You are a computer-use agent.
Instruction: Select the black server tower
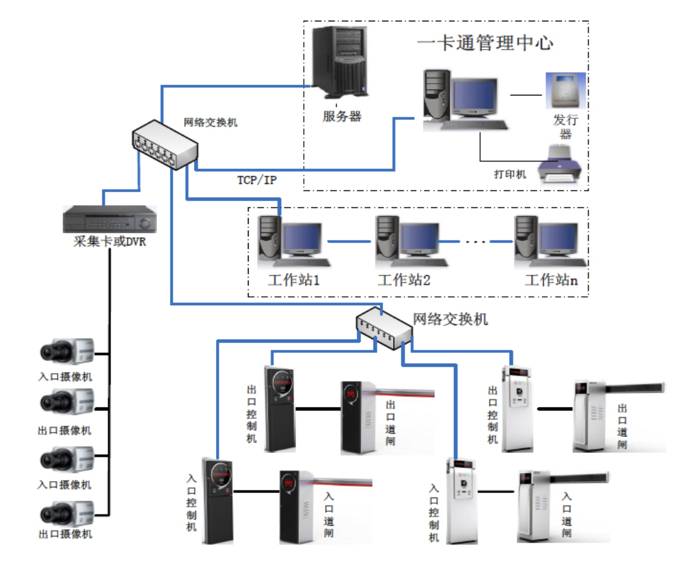pos(339,60)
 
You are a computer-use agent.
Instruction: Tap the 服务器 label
pos(342,116)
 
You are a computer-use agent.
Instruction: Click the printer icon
pos(561,165)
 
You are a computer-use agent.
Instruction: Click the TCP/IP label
pos(257,180)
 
